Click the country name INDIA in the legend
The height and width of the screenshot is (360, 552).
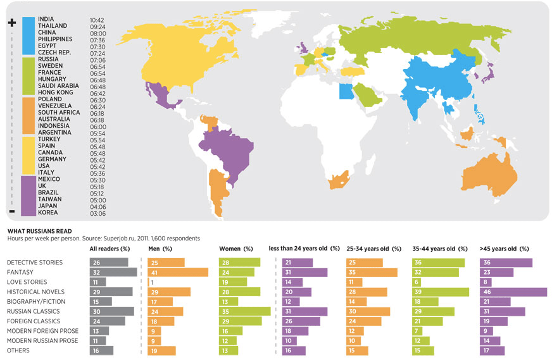tap(46, 20)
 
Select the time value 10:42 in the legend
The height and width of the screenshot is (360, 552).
tap(97, 20)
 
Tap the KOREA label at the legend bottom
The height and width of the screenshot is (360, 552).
tap(47, 213)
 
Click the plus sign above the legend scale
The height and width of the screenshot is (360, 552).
tap(11, 23)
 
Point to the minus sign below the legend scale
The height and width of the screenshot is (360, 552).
tap(11, 211)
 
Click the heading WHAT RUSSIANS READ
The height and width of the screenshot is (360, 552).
tap(39, 232)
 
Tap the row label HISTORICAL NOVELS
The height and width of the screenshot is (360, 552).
tap(36, 292)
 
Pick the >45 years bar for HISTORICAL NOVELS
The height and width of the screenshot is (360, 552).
tap(513, 292)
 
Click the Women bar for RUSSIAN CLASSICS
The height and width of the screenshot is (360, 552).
tap(244, 311)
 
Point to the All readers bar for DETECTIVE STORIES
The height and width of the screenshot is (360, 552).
tap(109, 263)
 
